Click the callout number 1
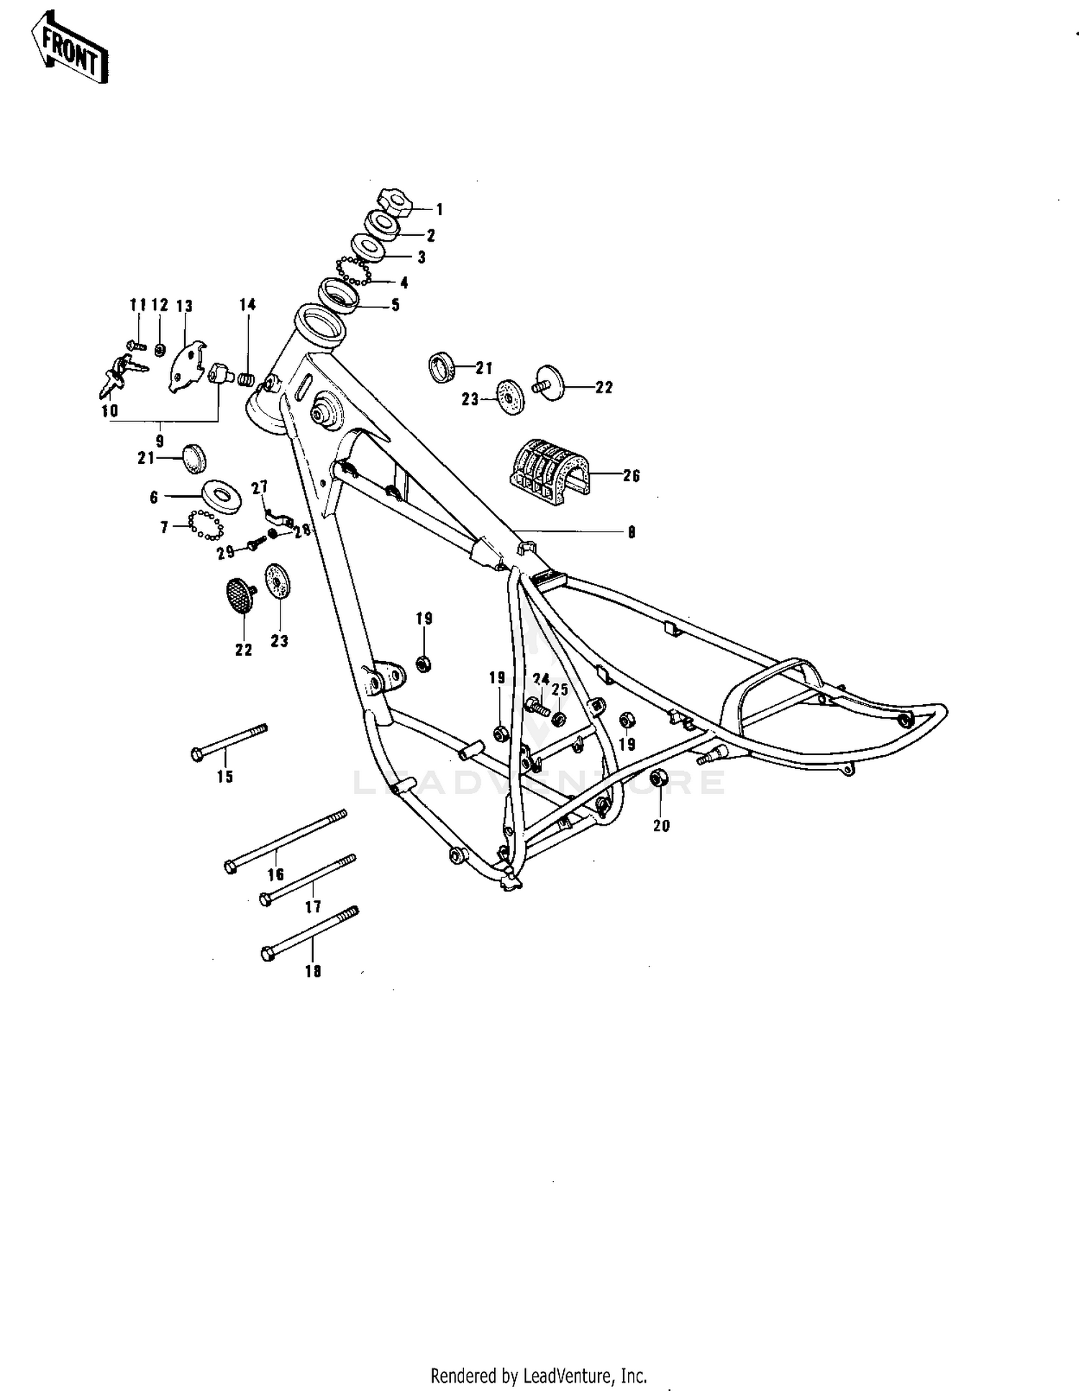tap(440, 210)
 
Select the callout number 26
tap(631, 476)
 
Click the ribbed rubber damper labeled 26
tap(548, 467)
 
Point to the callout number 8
tap(631, 533)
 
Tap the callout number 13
tap(184, 306)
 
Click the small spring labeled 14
tap(247, 378)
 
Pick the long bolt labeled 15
tap(229, 741)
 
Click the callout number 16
tap(276, 875)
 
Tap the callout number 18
tap(313, 971)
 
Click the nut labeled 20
tap(658, 778)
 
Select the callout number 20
tap(661, 826)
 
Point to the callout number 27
tap(259, 488)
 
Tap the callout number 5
tap(395, 306)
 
